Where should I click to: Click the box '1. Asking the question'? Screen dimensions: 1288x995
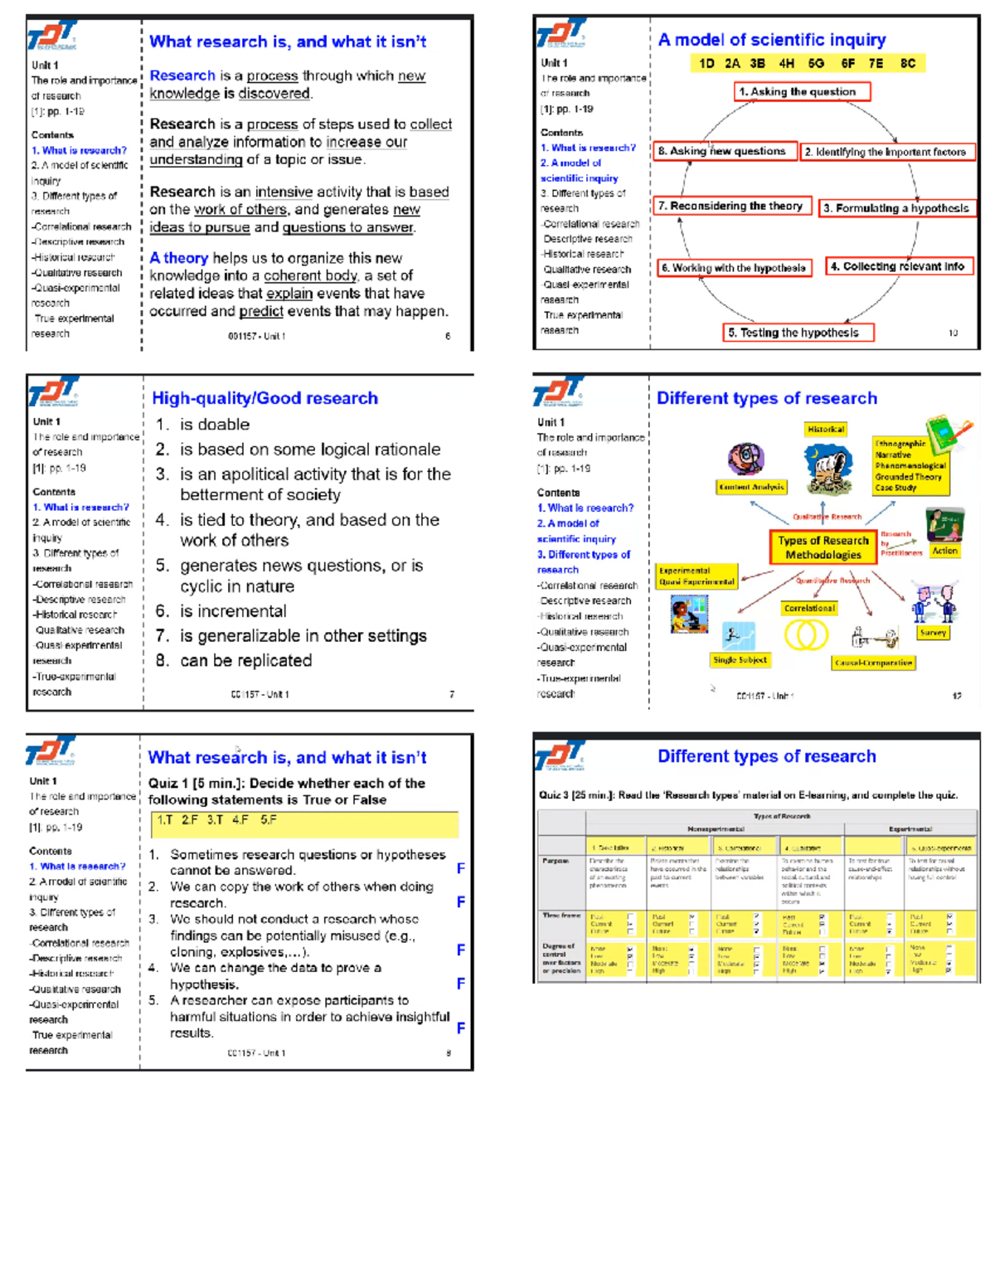[x=802, y=91]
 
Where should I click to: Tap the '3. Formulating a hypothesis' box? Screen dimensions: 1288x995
[x=896, y=208]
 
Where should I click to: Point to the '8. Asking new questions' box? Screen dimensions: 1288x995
[x=726, y=151]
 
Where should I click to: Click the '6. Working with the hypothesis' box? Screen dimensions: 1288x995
[x=734, y=268]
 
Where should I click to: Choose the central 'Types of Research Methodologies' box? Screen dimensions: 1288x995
[x=823, y=547]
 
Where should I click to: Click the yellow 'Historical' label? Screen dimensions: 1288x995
[x=826, y=429]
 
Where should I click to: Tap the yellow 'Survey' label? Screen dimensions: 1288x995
[x=933, y=632]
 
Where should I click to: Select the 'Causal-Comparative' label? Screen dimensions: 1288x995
[x=873, y=663]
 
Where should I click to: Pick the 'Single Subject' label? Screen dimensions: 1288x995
[x=740, y=660]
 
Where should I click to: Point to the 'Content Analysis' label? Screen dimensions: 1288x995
[x=751, y=487]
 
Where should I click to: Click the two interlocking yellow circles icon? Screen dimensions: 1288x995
[x=806, y=635]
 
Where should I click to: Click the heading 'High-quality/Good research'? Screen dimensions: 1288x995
[x=265, y=398]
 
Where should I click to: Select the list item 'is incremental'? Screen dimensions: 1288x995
[x=233, y=611]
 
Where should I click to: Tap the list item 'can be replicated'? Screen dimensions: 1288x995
[x=245, y=661]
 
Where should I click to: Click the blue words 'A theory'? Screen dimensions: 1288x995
[x=178, y=258]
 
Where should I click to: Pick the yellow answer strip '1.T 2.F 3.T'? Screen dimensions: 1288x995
[x=304, y=824]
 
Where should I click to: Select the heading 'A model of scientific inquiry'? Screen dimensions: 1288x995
[x=771, y=40]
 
